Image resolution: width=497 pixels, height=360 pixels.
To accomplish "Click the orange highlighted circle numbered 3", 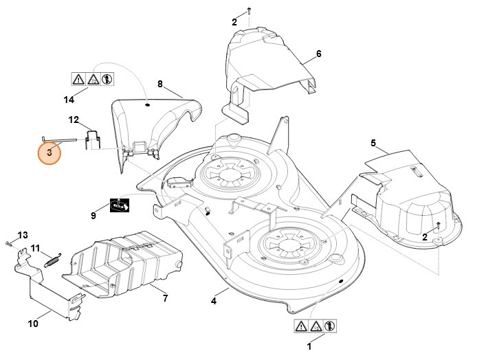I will (x=49, y=152).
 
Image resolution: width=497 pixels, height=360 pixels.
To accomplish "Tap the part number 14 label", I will (x=69, y=100).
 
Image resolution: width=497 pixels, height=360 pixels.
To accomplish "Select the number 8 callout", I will (x=160, y=85).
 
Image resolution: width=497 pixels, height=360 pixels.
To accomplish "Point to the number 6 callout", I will (x=318, y=54).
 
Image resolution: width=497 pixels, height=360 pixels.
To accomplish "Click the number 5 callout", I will (x=373, y=143).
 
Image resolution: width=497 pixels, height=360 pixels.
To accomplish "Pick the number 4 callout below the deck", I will (x=214, y=300).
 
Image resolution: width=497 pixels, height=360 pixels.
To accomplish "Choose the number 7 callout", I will (x=165, y=298).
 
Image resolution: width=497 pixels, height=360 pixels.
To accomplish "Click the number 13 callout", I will (x=23, y=235).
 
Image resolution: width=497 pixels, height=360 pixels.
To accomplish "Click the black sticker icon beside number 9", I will (x=120, y=205).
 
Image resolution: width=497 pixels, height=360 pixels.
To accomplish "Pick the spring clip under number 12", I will (x=93, y=139).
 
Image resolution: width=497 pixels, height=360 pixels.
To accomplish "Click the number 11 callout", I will (x=36, y=248).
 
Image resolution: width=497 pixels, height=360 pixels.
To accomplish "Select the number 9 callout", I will (x=93, y=216).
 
